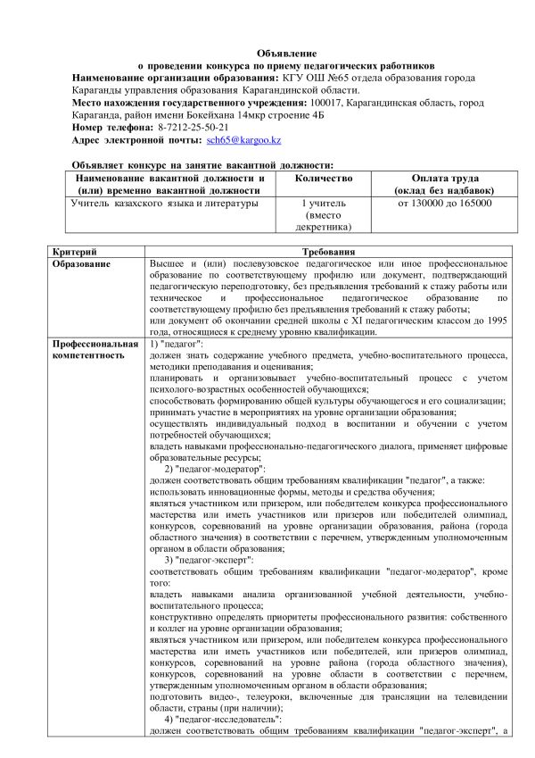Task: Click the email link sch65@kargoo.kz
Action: [x=243, y=141]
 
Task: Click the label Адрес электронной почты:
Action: [x=136, y=141]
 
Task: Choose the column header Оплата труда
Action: [x=445, y=178]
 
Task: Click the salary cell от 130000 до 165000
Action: [x=445, y=204]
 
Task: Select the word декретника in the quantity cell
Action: [x=324, y=228]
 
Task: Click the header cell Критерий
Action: [x=74, y=253]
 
